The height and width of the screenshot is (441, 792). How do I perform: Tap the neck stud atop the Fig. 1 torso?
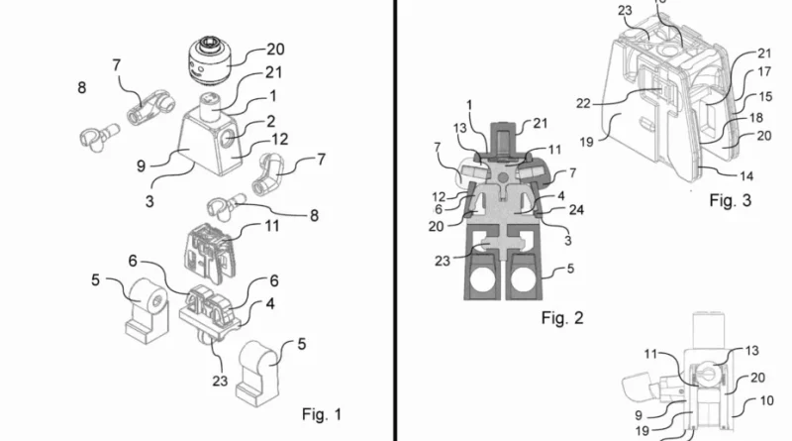210,103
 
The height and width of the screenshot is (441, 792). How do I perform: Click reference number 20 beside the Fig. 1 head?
268,49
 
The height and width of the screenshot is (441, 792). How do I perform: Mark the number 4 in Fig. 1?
268,304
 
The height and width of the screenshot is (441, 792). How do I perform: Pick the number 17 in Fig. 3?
764,72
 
